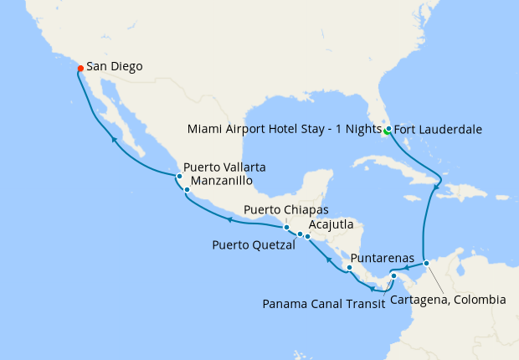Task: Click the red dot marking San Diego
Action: (80, 68)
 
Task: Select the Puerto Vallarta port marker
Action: (179, 177)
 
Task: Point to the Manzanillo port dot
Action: (187, 190)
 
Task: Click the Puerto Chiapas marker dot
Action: (286, 227)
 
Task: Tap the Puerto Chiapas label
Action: (286, 209)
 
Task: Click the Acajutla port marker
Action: (308, 237)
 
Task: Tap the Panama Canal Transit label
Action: (324, 303)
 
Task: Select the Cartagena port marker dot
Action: (426, 264)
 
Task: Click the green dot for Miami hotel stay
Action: (386, 132)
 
